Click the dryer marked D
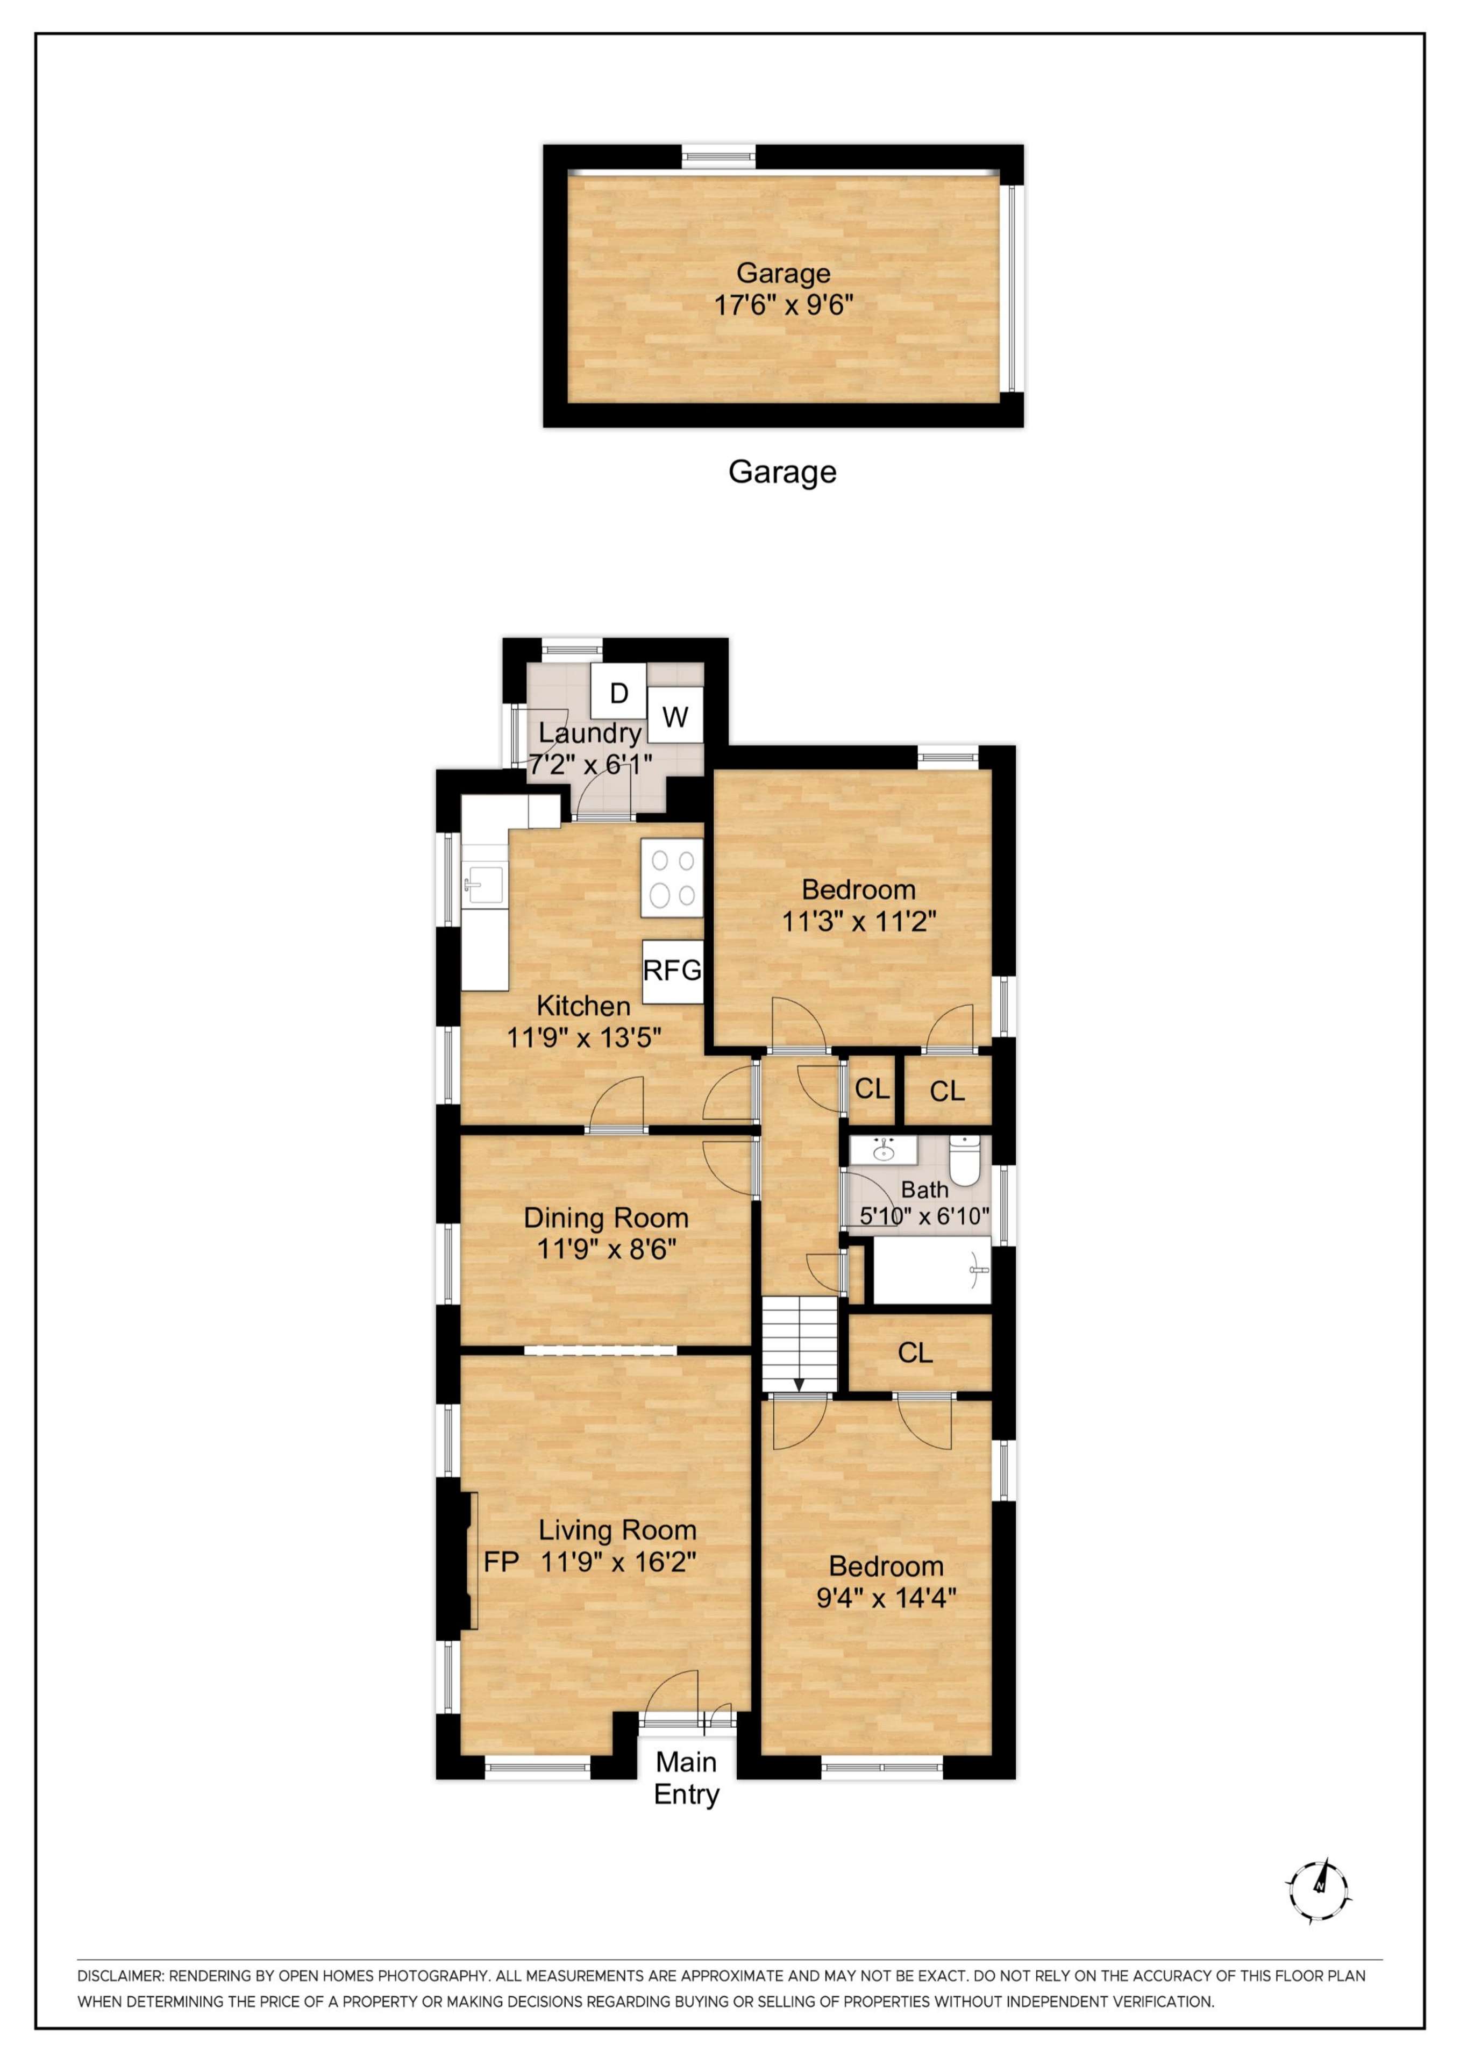tap(619, 693)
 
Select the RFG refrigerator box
tap(672, 971)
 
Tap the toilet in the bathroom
tap(964, 1161)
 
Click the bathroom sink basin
tap(884, 1149)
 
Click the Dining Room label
tap(606, 1218)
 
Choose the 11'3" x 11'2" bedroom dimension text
tap(859, 921)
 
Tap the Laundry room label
tap(590, 733)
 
